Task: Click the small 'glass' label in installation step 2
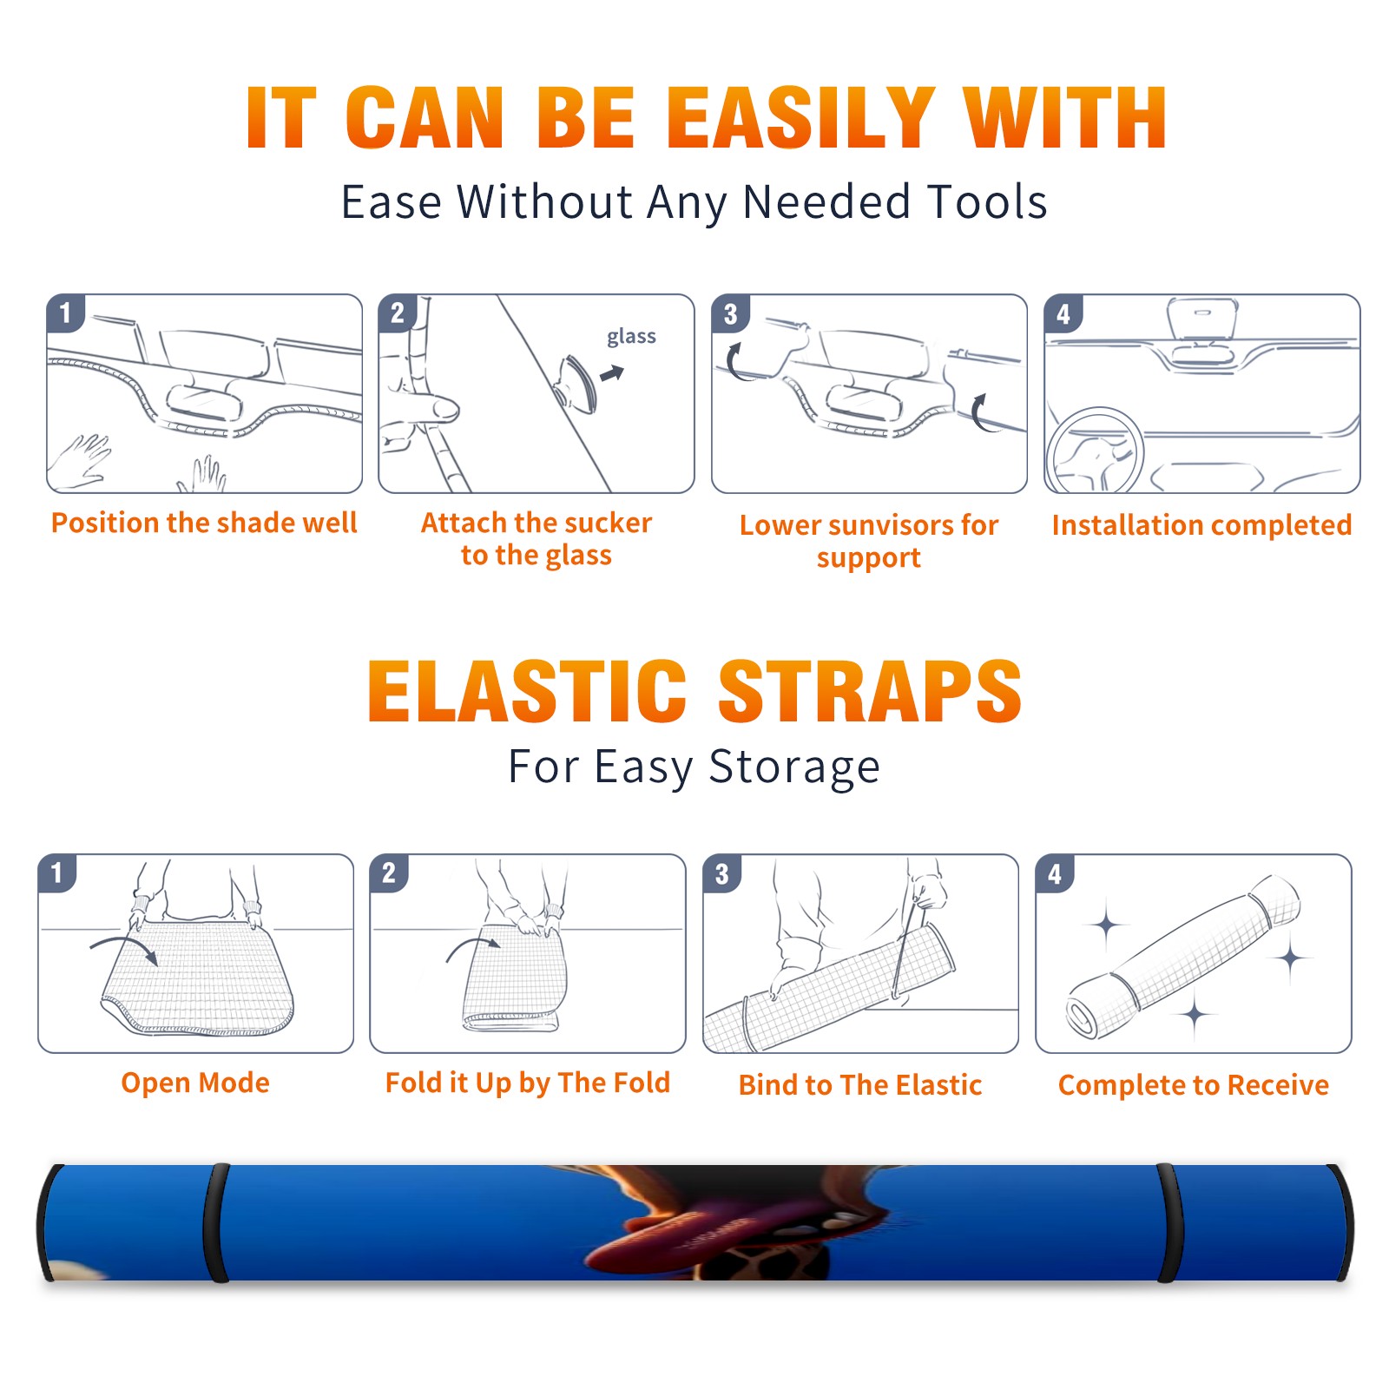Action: [631, 337]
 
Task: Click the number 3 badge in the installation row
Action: [730, 313]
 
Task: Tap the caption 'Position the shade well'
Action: [204, 523]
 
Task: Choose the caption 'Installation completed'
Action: [1201, 525]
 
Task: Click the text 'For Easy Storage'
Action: [694, 767]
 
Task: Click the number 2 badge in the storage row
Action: [389, 872]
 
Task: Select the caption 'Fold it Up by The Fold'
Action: [528, 1083]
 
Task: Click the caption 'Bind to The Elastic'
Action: [860, 1085]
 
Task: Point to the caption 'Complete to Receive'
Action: [1194, 1085]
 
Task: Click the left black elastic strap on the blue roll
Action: [216, 1222]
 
